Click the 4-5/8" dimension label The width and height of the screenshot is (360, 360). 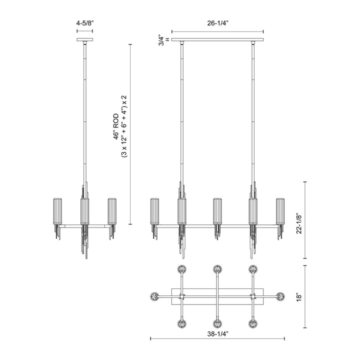[85, 23]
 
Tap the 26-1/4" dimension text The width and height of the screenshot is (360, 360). [217, 23]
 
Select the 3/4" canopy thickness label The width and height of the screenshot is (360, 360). [161, 41]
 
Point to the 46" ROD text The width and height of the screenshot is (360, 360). [116, 126]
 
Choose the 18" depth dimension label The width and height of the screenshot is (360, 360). [299, 296]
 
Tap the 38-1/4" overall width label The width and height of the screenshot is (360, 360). [217, 334]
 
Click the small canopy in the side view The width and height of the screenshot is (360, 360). [84, 39]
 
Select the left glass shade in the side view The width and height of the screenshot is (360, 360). [57, 211]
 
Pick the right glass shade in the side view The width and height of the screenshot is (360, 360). [112, 211]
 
